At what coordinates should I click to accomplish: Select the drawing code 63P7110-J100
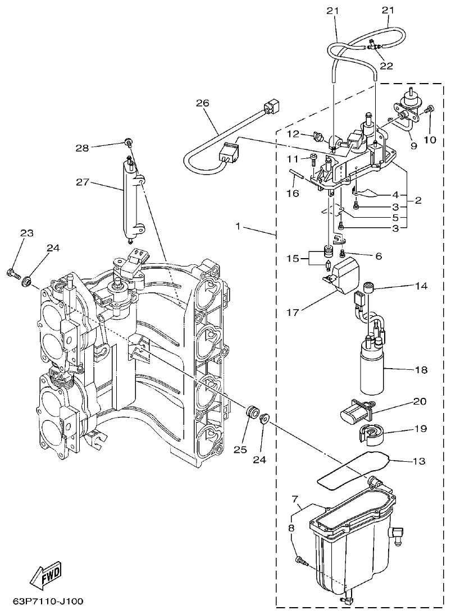(48, 602)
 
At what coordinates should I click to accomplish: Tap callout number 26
(202, 103)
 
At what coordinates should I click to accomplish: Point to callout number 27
(83, 181)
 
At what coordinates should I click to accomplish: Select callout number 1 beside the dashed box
(238, 227)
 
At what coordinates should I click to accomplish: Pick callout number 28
(83, 148)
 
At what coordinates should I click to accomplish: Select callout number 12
(295, 134)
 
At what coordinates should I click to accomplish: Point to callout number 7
(294, 499)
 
